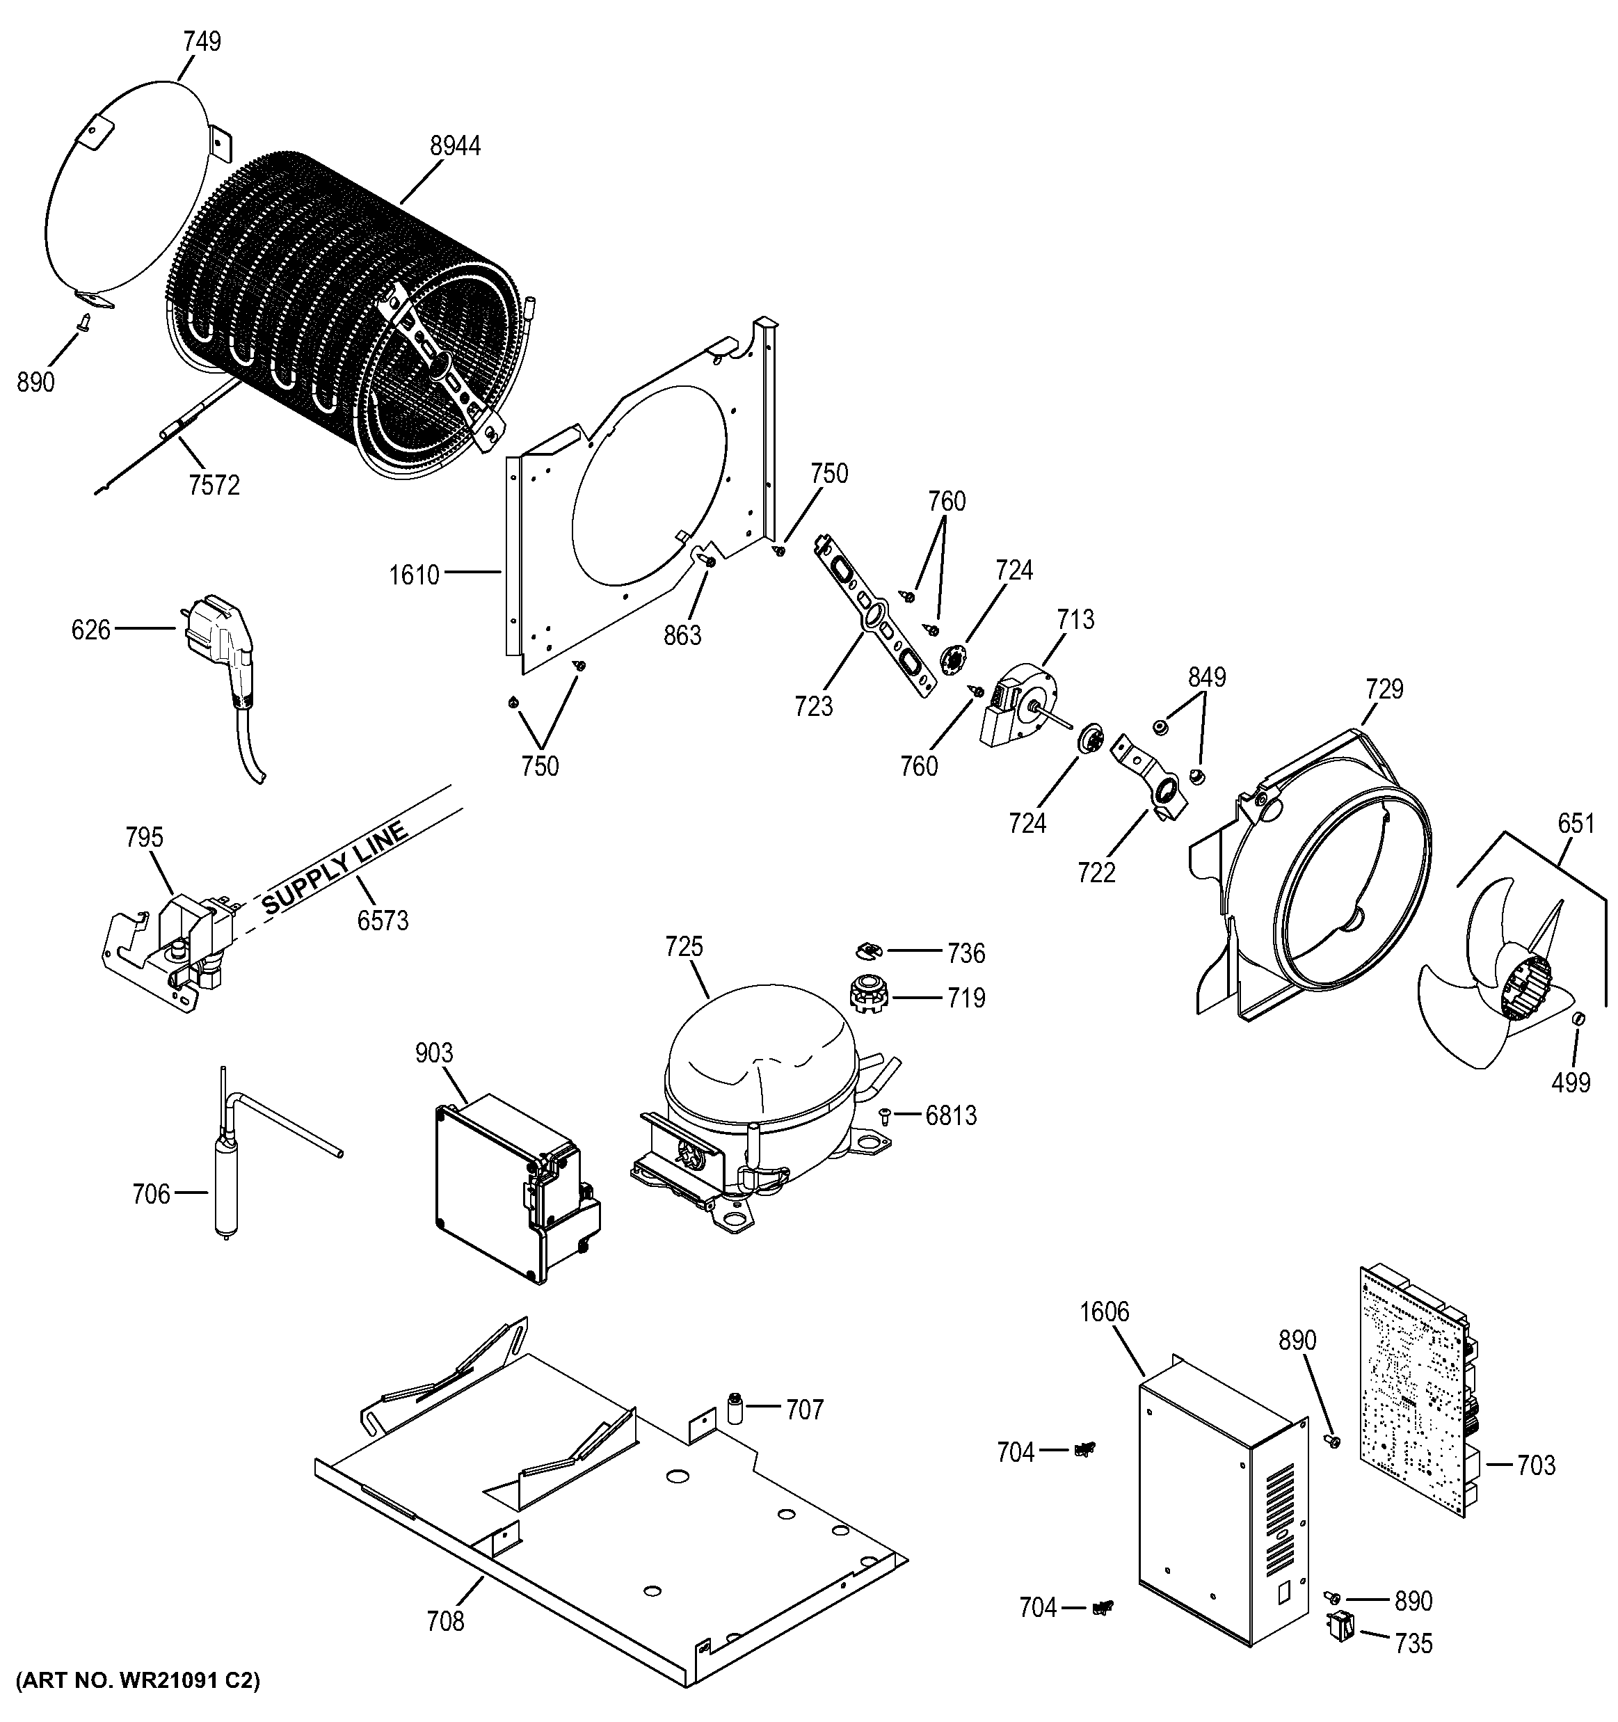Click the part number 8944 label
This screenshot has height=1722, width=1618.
(x=456, y=146)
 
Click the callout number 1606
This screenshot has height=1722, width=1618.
(x=1105, y=1312)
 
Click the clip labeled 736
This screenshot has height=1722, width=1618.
(x=865, y=951)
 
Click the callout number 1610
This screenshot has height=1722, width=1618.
(x=414, y=574)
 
